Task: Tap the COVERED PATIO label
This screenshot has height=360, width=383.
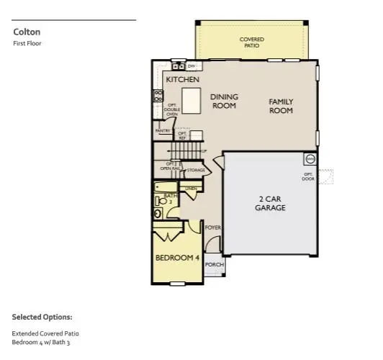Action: pos(251,42)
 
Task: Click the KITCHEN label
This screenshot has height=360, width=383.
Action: pos(182,79)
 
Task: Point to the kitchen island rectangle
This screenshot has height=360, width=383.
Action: pos(190,100)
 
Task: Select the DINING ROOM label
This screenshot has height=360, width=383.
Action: pos(224,101)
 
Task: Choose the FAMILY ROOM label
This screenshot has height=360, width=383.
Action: pos(281,106)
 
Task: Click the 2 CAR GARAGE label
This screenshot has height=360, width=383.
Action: pos(270,202)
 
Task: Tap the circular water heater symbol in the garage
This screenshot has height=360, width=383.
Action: pos(310,158)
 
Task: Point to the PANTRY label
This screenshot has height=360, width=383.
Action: pos(163,131)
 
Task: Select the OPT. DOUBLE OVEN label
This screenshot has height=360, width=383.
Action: pos(168,112)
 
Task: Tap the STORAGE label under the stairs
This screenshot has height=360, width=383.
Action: pos(196,171)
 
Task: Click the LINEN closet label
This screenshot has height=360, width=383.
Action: pos(191,188)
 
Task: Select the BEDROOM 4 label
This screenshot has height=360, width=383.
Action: pos(177,257)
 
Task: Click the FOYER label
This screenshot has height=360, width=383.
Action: pos(212,228)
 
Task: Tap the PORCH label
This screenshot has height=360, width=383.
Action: pos(215,264)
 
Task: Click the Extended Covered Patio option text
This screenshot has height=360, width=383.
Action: pos(45,333)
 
